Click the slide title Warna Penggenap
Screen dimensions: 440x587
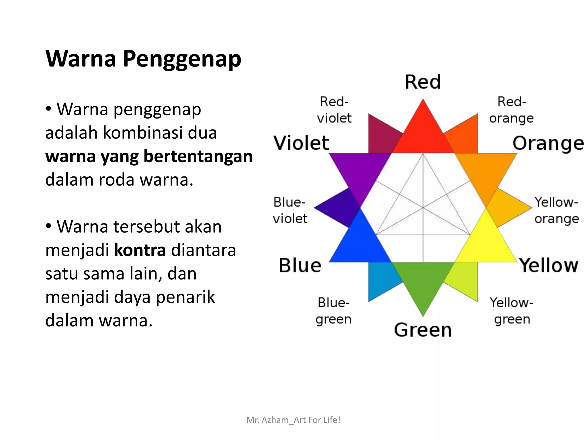tap(143, 59)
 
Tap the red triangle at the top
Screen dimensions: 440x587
tap(423, 135)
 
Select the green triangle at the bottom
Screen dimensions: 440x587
tap(423, 281)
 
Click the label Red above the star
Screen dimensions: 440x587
tap(423, 82)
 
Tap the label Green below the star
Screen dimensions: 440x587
tap(423, 330)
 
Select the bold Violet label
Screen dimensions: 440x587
tap(301, 143)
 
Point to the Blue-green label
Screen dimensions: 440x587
tap(333, 311)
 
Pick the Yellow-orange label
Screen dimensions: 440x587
tap(556, 210)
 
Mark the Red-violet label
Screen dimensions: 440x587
tap(334, 110)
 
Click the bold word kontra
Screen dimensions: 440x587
tap(140, 250)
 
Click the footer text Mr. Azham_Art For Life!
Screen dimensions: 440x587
tap(293, 420)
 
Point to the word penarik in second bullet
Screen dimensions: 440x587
tap(185, 297)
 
